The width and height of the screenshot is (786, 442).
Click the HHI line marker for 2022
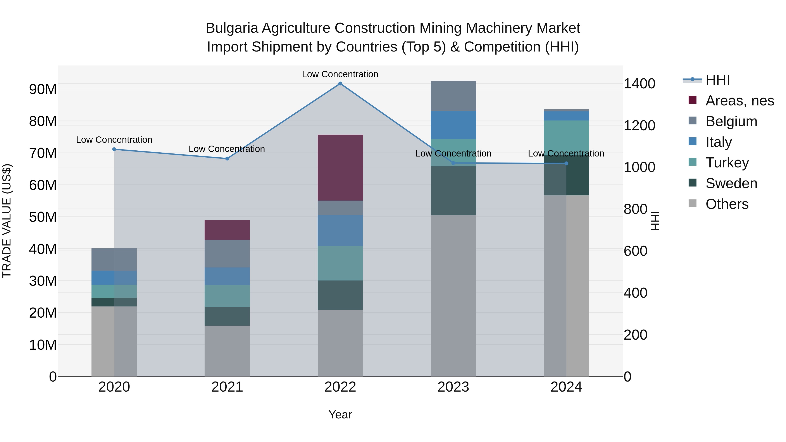click(x=340, y=84)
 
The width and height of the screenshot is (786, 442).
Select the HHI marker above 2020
click(x=114, y=149)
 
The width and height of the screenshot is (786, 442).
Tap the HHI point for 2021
click(x=227, y=159)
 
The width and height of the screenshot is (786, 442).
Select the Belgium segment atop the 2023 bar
click(x=453, y=96)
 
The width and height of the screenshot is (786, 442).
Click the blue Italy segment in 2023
click(x=453, y=125)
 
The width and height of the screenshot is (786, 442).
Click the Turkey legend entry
click(x=727, y=163)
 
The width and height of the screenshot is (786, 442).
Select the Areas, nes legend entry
click(x=740, y=101)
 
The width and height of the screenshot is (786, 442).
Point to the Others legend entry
click(x=727, y=204)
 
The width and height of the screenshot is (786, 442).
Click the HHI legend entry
click(x=717, y=80)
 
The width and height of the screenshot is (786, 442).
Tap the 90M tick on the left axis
click(x=43, y=89)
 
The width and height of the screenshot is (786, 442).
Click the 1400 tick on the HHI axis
click(x=639, y=84)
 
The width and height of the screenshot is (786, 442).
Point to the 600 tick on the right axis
click(x=635, y=251)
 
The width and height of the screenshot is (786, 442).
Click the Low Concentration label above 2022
click(x=340, y=74)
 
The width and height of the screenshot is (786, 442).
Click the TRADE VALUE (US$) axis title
click(x=7, y=221)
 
